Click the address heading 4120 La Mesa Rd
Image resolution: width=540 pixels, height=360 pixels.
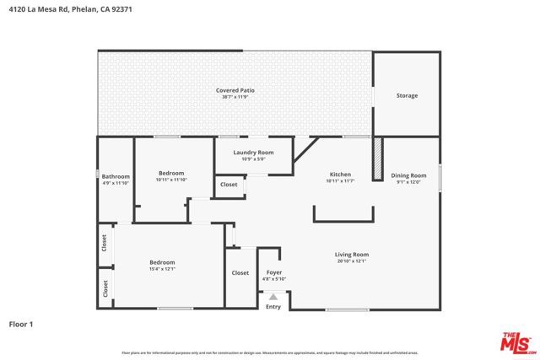tap(70, 11)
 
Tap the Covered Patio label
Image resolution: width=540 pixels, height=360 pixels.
tap(235, 89)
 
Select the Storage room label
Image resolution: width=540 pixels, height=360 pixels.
tap(407, 95)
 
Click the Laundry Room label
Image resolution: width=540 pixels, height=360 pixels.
tap(253, 152)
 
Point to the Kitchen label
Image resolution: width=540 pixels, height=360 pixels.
tap(339, 175)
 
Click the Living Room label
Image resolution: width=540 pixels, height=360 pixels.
tap(352, 254)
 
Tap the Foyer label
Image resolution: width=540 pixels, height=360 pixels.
tap(274, 272)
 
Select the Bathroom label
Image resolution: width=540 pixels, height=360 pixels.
tap(116, 176)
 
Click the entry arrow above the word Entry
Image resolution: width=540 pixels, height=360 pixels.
tap(273, 296)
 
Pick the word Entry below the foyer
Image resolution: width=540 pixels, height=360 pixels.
tap(273, 306)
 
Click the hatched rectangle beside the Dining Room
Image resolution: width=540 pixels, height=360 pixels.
tap(378, 158)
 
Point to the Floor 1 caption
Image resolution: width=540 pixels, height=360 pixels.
tap(22, 323)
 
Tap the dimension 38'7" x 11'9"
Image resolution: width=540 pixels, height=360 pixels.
tap(235, 96)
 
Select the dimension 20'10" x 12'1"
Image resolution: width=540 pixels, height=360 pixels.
tap(352, 261)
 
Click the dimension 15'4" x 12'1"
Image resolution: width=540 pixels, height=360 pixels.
tap(162, 269)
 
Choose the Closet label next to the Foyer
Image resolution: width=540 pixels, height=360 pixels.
tap(240, 272)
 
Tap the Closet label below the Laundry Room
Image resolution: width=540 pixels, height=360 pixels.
tap(229, 185)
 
